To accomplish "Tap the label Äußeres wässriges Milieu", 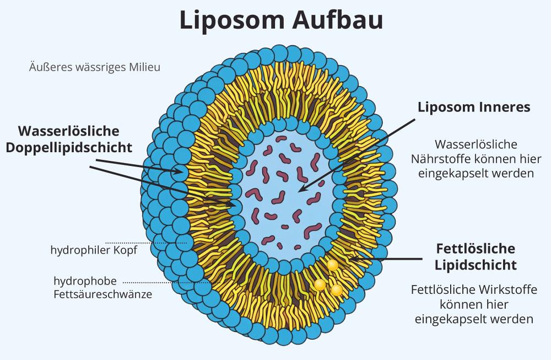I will [94, 67].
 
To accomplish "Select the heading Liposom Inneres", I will [474, 107].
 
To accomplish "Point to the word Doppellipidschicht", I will [69, 148].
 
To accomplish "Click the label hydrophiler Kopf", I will [94, 250].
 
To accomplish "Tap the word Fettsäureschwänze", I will [103, 294].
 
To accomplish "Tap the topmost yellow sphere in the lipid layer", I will [332, 265].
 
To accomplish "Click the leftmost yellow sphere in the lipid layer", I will [319, 284].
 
